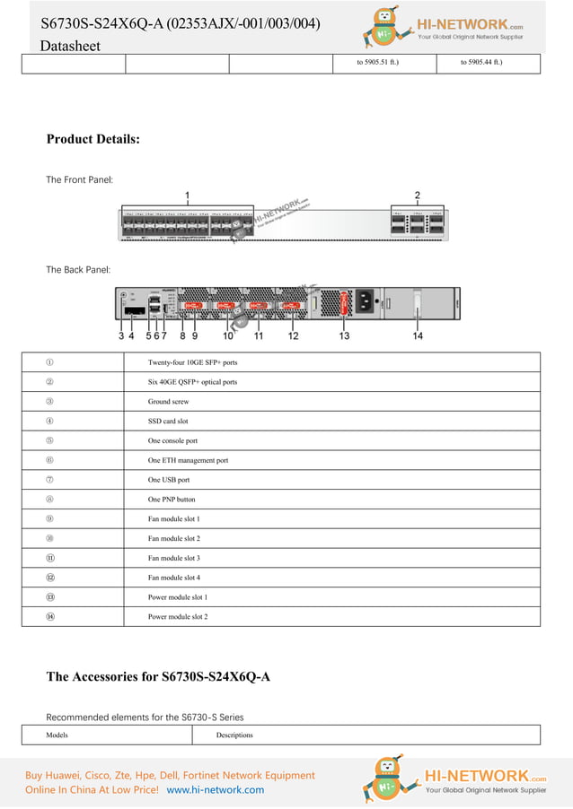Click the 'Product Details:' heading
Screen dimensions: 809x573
(93, 139)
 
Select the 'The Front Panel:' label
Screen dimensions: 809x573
(79, 179)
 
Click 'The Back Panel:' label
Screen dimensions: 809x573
(78, 269)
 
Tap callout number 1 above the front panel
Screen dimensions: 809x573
(187, 195)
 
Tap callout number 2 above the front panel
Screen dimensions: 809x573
(417, 195)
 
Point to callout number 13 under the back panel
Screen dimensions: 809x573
(344, 335)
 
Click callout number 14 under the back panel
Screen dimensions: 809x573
(418, 335)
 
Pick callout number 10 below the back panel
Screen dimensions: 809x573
(228, 335)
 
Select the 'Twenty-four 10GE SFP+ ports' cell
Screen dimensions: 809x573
(192, 362)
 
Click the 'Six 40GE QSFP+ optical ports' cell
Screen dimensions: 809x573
(192, 382)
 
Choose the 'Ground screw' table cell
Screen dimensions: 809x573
(168, 402)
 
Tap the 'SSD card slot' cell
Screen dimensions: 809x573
(168, 421)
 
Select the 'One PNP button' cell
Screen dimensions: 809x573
(172, 500)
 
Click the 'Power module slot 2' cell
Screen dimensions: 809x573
(178, 617)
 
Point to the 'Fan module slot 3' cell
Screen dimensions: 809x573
(174, 558)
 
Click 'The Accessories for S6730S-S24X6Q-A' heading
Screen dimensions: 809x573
(158, 676)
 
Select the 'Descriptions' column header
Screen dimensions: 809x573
(234, 735)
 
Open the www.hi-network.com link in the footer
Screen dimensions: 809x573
(216, 790)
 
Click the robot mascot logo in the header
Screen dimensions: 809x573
(385, 27)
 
